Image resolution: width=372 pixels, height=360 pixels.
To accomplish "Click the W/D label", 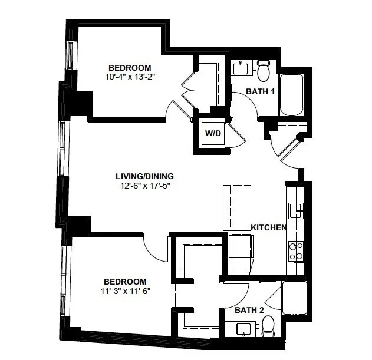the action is [x=213, y=133].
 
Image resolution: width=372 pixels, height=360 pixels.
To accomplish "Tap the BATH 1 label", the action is [x=260, y=91].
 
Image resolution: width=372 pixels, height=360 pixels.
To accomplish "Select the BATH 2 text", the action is [x=249, y=310].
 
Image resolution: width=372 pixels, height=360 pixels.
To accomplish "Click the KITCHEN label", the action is [x=269, y=227].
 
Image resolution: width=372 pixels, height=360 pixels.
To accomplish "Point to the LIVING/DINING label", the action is [x=144, y=176].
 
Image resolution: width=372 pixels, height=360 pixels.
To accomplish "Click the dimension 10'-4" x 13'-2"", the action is [x=130, y=77].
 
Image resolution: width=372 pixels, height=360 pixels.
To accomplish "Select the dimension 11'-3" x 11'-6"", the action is [x=126, y=291].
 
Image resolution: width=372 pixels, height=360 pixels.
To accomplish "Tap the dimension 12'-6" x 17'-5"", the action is [x=146, y=186].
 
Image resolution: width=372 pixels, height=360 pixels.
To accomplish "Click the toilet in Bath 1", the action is [x=264, y=71].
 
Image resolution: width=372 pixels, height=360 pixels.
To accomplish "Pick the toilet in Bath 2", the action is [x=268, y=326].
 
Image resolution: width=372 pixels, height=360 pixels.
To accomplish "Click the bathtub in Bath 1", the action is [x=292, y=95].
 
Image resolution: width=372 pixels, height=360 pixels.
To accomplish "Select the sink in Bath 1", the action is [x=241, y=68].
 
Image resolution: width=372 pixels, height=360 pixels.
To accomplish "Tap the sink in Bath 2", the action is [x=243, y=329].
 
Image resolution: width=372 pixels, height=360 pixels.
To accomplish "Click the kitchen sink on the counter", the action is [x=296, y=210].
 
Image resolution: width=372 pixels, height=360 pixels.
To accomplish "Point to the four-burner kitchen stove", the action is [x=296, y=251].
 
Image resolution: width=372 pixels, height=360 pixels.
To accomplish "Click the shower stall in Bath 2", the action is [x=294, y=298].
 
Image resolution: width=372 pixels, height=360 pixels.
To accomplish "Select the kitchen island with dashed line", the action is [x=237, y=208].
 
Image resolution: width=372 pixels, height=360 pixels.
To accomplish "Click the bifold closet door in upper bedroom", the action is [x=188, y=90].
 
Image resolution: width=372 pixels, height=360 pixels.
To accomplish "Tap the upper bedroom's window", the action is [x=70, y=55].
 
